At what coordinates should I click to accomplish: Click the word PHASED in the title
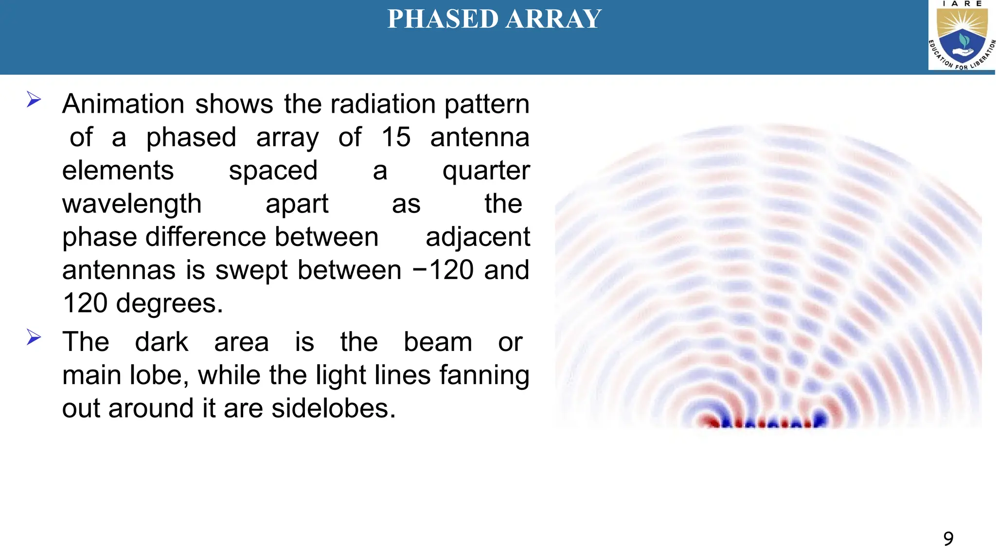pyautogui.click(x=443, y=19)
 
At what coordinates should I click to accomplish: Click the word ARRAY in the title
pyautogui.click(x=553, y=19)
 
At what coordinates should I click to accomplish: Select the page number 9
pyautogui.click(x=948, y=539)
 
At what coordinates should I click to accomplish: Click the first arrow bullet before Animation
pyautogui.click(x=34, y=100)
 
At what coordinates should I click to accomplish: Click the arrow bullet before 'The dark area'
pyautogui.click(x=34, y=337)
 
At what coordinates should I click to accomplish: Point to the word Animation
pyautogui.click(x=123, y=104)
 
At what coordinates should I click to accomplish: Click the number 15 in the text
pyautogui.click(x=395, y=137)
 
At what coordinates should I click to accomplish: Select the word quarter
pyautogui.click(x=485, y=171)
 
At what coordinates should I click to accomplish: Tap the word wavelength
pyautogui.click(x=132, y=204)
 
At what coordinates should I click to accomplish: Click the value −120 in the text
pyautogui.click(x=443, y=270)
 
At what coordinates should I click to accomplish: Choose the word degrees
pyautogui.click(x=169, y=303)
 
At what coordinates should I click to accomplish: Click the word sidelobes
pyautogui.click(x=333, y=408)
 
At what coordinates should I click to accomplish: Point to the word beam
pyautogui.click(x=438, y=342)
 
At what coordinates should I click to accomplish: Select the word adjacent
pyautogui.click(x=477, y=237)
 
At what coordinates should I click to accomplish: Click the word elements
pyautogui.click(x=118, y=171)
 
